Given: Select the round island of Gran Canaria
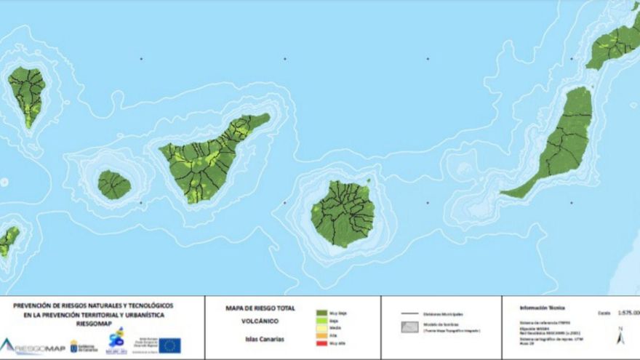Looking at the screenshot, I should pyautogui.click(x=343, y=213).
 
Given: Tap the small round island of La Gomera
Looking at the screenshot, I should pyautogui.click(x=114, y=185).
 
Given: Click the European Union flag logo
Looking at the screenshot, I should pyautogui.click(x=170, y=345).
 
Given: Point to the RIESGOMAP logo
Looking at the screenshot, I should pyautogui.click(x=33, y=346).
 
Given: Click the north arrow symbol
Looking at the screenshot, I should pyautogui.click(x=620, y=337).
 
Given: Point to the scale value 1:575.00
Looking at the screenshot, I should pyautogui.click(x=626, y=313).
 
